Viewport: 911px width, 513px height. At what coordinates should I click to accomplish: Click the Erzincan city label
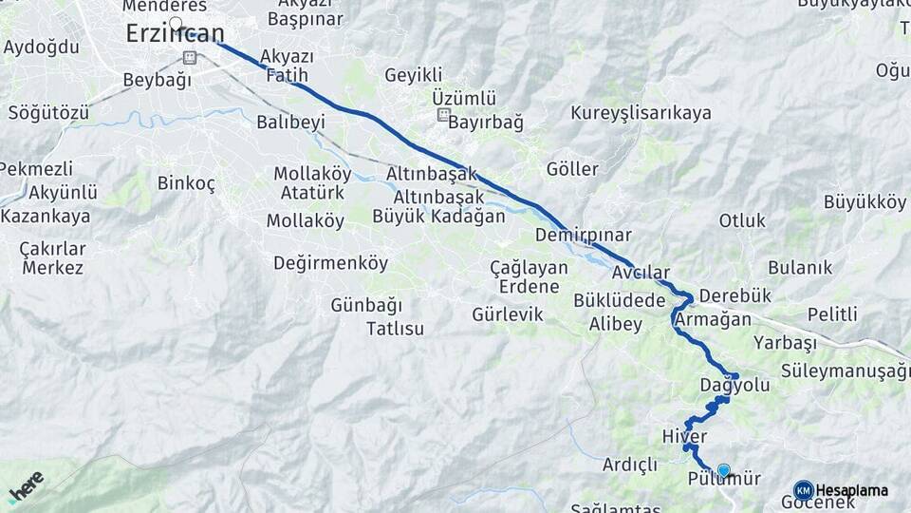tap(176, 34)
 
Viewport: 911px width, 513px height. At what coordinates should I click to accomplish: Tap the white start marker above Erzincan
tap(176, 23)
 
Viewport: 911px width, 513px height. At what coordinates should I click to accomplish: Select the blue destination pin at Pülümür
tap(724, 470)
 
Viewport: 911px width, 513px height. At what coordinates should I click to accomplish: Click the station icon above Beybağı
tap(189, 57)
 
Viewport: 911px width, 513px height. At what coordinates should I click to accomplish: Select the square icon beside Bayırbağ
tap(442, 116)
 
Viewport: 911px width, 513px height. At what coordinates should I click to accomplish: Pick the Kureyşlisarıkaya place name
tap(641, 113)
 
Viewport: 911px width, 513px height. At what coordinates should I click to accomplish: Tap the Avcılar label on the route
tap(641, 273)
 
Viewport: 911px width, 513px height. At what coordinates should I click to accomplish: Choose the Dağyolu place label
tap(734, 386)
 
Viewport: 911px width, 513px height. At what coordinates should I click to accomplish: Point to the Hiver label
tap(684, 436)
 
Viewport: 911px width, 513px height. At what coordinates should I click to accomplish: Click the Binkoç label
tap(186, 183)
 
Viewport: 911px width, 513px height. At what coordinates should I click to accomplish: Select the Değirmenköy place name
tap(330, 263)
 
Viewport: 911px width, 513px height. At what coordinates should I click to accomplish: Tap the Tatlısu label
tap(395, 329)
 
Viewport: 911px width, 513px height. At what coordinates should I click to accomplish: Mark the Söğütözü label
tap(48, 113)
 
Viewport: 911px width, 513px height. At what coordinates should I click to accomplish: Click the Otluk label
tap(742, 220)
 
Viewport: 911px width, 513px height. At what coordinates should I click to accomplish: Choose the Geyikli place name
tap(414, 75)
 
